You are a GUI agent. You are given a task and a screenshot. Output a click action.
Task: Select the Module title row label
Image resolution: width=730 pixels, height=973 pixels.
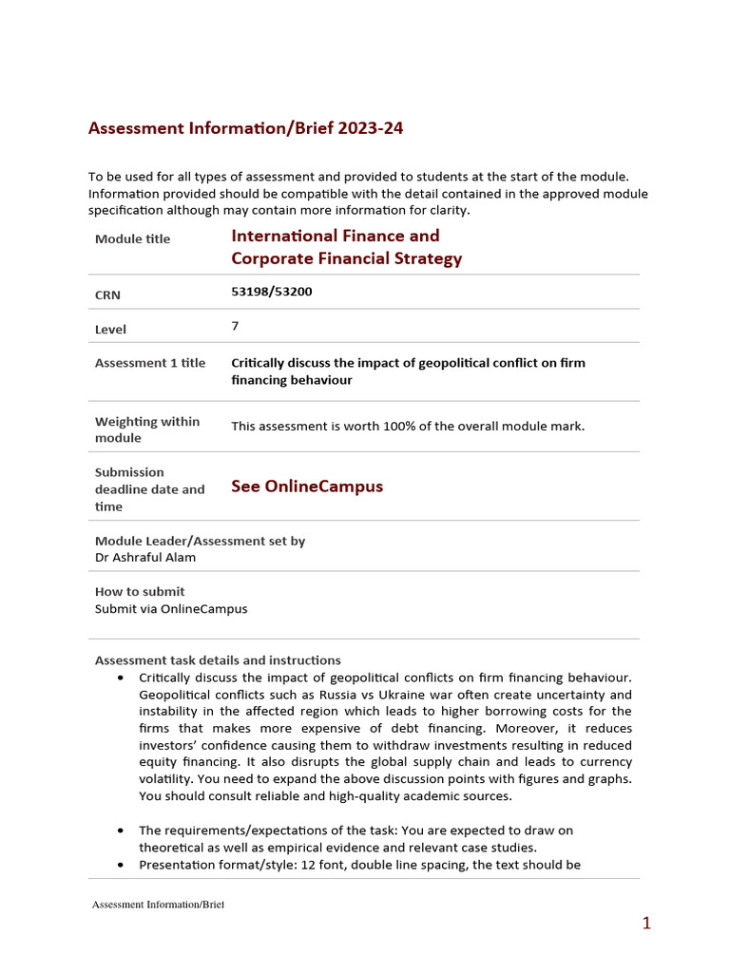[x=132, y=238]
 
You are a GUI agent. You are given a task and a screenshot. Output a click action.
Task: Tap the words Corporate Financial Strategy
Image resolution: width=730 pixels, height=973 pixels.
[x=346, y=258]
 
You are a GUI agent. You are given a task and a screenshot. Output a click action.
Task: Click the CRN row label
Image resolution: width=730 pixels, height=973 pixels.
[x=107, y=296]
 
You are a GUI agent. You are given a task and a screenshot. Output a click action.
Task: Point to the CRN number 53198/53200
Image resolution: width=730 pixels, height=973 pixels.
[x=271, y=292]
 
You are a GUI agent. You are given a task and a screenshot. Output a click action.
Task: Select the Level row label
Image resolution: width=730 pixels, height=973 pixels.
[x=110, y=330]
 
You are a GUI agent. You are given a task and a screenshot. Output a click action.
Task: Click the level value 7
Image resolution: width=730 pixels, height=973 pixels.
[x=235, y=326]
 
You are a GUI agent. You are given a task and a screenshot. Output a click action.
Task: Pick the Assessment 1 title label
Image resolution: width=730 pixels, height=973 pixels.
[x=150, y=363]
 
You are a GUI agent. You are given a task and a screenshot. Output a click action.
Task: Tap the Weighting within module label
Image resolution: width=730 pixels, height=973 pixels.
[x=146, y=429]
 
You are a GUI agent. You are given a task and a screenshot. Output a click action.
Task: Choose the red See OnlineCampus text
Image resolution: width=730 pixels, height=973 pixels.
[x=307, y=486]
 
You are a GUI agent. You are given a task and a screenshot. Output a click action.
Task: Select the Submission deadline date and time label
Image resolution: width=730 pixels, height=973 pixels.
[x=149, y=489]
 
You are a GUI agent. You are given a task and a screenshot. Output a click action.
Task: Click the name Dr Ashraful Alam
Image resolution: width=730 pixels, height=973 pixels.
[x=145, y=557]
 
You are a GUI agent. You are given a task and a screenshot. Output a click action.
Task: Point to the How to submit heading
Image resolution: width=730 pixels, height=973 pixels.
[x=140, y=591]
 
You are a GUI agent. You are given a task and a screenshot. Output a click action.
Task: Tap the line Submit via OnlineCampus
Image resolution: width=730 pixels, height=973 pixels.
[x=171, y=608]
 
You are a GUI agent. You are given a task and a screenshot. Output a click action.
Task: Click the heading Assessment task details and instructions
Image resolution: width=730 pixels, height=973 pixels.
[x=218, y=660]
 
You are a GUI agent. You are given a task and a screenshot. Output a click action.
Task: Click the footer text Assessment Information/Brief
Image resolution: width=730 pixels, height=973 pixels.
[x=157, y=905]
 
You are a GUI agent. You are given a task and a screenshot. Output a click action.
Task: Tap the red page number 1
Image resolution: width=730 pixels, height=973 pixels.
[x=646, y=923]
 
